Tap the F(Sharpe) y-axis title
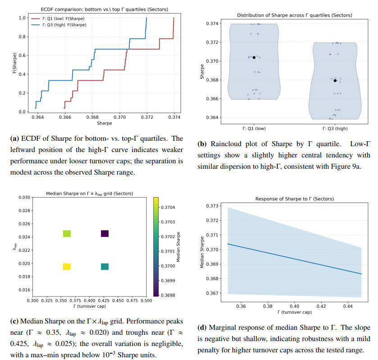(x=14, y=64)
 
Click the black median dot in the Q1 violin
(x=254, y=57)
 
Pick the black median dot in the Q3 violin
(x=335, y=80)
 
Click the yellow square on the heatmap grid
(x=67, y=266)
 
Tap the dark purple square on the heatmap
(x=105, y=233)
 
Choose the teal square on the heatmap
(x=105, y=266)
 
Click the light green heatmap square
(x=67, y=233)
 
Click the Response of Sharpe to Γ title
(x=294, y=199)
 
